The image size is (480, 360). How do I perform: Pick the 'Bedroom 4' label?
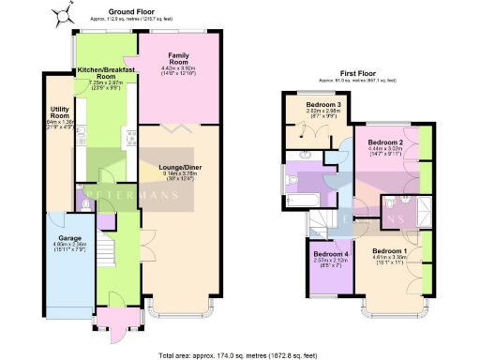click(x=329, y=253)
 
